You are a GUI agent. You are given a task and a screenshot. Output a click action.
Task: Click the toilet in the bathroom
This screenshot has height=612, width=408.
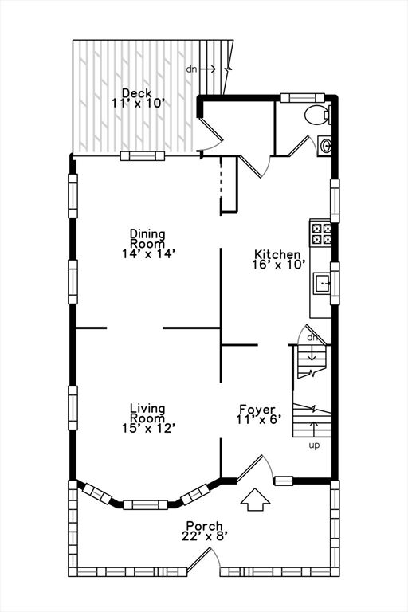pos(318,115)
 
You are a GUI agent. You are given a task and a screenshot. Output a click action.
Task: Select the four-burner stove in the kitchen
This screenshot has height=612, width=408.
pos(322,233)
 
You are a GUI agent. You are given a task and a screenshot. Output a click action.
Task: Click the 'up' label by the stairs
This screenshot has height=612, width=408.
pos(314,445)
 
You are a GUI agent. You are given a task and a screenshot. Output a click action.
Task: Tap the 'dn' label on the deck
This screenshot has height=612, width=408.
pos(192,69)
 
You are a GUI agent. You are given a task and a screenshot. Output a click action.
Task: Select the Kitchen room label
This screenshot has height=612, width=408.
pos(277,255)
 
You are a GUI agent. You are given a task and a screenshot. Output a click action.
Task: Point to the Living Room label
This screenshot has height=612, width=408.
pos(147,413)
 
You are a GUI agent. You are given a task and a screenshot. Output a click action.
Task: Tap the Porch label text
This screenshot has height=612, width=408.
pos(204,526)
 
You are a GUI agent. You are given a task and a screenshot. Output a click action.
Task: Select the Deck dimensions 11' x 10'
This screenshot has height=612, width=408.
pos(136,103)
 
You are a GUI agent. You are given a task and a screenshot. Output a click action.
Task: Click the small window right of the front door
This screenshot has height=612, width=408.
pos(284,481)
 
